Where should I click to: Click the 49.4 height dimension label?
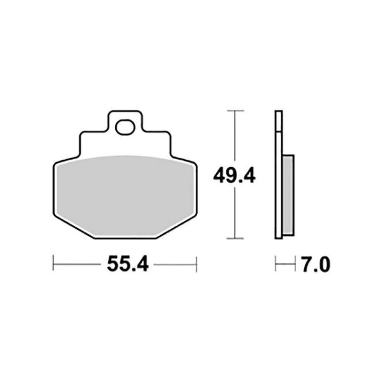pyautogui.click(x=234, y=176)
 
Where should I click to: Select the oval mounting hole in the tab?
pyautogui.click(x=126, y=127)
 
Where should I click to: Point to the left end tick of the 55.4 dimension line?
pyautogui.click(x=53, y=263)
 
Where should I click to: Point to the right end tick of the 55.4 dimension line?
pyautogui.click(x=196, y=263)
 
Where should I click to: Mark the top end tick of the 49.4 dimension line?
pyautogui.click(x=235, y=110)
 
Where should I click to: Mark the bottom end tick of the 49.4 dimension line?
pyautogui.click(x=235, y=238)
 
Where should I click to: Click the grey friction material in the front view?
pyautogui.click(x=124, y=195)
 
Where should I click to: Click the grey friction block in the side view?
pyautogui.click(x=288, y=195)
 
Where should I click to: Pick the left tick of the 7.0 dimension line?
pyautogui.click(x=276, y=263)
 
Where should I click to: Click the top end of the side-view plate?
pyautogui.click(x=279, y=111)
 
